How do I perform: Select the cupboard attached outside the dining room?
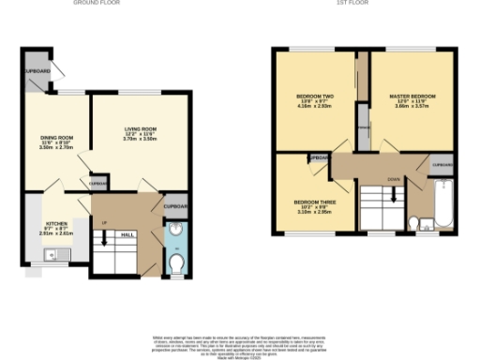38,70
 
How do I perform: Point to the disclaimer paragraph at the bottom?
239,342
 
